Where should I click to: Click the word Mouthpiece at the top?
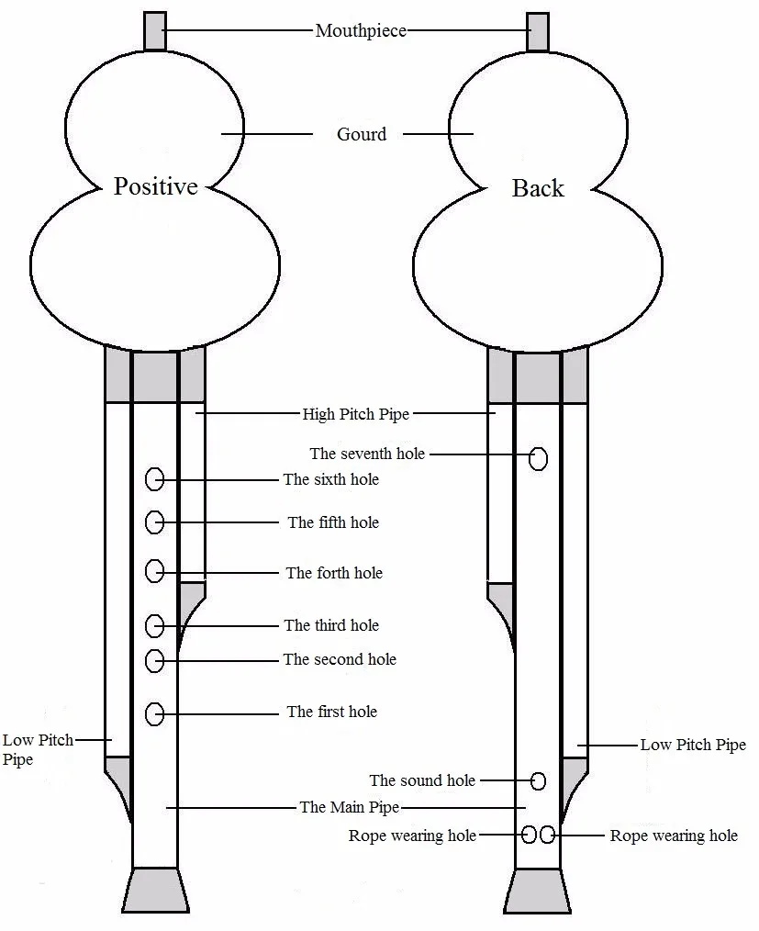[361, 30]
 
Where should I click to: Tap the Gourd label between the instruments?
[362, 134]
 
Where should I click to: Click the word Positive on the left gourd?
[155, 186]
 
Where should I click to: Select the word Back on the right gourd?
[538, 188]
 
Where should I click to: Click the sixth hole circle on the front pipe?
[155, 479]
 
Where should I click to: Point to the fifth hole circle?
[155, 522]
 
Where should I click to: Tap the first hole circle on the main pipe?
[155, 713]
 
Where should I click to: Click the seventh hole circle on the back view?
[538, 458]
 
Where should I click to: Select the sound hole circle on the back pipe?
[538, 780]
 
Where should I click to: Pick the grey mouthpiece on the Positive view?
[155, 31]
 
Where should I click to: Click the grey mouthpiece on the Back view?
[538, 31]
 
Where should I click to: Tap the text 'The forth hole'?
[334, 573]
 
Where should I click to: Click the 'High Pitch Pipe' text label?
[356, 414]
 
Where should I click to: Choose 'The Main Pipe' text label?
[350, 807]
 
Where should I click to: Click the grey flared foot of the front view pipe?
[155, 891]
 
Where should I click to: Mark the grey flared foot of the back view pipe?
[538, 892]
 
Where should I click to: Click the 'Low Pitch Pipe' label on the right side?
[693, 745]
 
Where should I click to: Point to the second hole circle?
[155, 660]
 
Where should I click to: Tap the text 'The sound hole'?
[422, 780]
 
